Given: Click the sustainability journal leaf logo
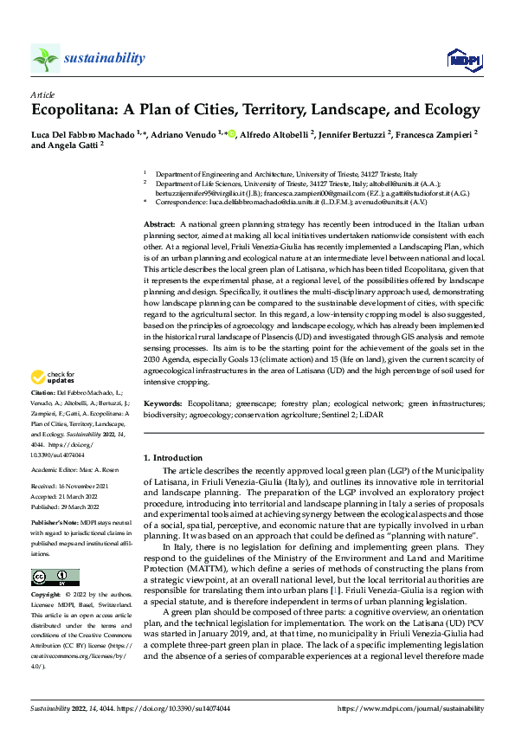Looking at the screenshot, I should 45,58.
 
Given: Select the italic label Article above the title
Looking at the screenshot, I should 42,93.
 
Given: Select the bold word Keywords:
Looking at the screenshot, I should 164,403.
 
